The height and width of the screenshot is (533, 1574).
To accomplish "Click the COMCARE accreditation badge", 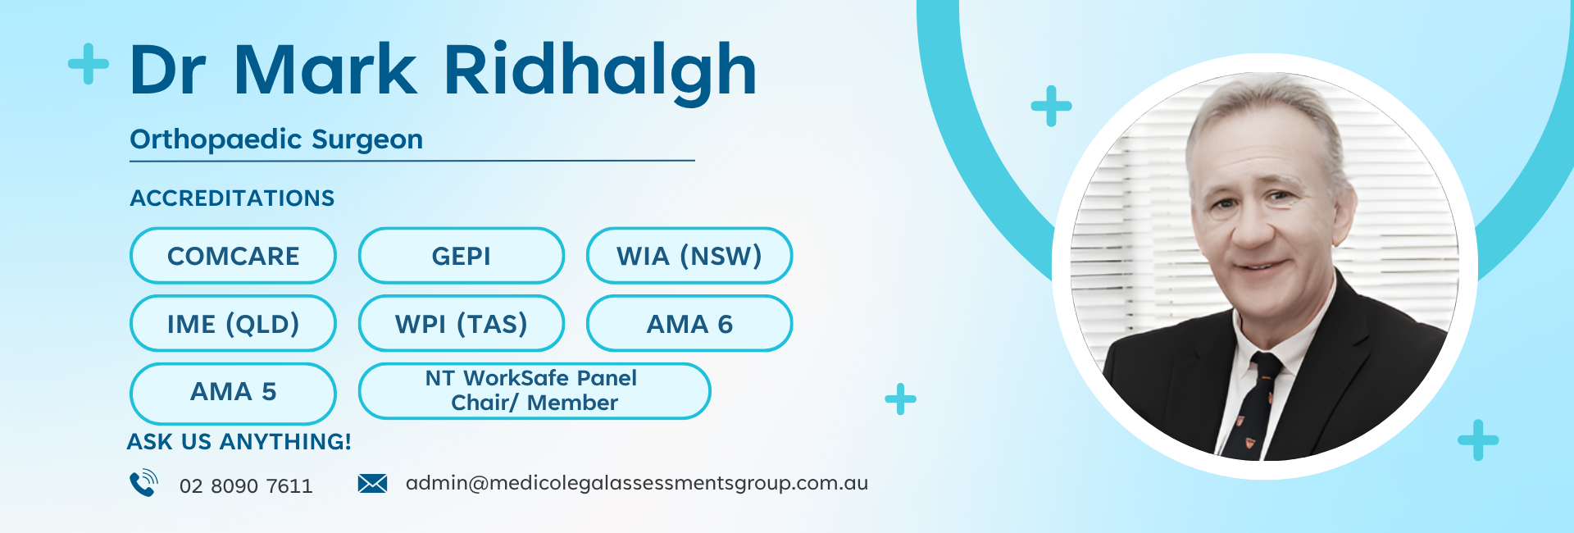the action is [x=233, y=256].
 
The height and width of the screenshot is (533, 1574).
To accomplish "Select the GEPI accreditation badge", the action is [x=461, y=256].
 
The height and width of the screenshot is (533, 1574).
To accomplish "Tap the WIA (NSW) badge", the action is [x=689, y=256].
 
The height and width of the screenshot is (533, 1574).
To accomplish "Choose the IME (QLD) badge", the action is [x=233, y=324].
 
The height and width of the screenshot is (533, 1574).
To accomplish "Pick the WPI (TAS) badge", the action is [x=461, y=324].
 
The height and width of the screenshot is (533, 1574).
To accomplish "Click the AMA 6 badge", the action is [x=689, y=324].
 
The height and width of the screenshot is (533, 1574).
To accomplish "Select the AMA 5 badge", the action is [x=233, y=391].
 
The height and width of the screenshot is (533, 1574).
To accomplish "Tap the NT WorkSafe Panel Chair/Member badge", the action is [x=534, y=391].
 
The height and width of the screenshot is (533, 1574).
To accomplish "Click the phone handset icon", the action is [x=143, y=483].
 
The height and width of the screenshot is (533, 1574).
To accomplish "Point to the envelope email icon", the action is [x=372, y=484].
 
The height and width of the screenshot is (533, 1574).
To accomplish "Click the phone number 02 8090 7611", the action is [x=246, y=486].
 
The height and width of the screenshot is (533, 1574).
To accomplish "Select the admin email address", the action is [x=637, y=484].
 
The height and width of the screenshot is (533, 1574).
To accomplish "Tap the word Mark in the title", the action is [x=325, y=70].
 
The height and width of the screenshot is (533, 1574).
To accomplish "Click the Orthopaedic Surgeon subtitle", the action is [x=276, y=139].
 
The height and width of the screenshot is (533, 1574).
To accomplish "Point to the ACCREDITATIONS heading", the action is [x=232, y=198].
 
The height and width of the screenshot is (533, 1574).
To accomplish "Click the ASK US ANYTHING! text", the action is [x=239, y=442].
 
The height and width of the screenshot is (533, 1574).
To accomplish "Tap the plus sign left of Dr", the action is [x=89, y=64].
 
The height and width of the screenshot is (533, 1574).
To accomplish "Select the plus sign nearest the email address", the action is [x=900, y=399].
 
